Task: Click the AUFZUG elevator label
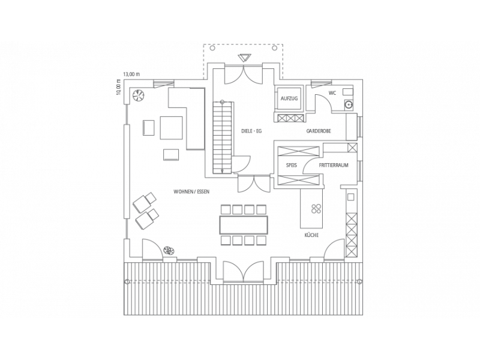tap(289, 98)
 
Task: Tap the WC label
tap(332, 93)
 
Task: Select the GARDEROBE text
tap(319, 131)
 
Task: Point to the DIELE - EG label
tap(251, 131)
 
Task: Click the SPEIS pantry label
tap(292, 166)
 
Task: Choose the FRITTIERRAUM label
tap(334, 166)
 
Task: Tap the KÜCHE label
tap(311, 235)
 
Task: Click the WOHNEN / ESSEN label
tap(191, 191)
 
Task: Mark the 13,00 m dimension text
tap(131, 74)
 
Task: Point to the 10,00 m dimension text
tap(119, 87)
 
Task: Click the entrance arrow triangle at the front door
tap(245, 58)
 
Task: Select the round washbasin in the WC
tap(349, 104)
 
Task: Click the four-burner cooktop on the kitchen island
tap(316, 208)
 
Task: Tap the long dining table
tap(244, 225)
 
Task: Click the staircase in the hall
tap(223, 137)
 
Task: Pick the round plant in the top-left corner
tap(138, 95)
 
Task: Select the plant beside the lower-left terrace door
tap(168, 251)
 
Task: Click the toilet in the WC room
tap(348, 92)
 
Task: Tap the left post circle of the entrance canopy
tap(213, 48)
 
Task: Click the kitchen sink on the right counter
tap(351, 197)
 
